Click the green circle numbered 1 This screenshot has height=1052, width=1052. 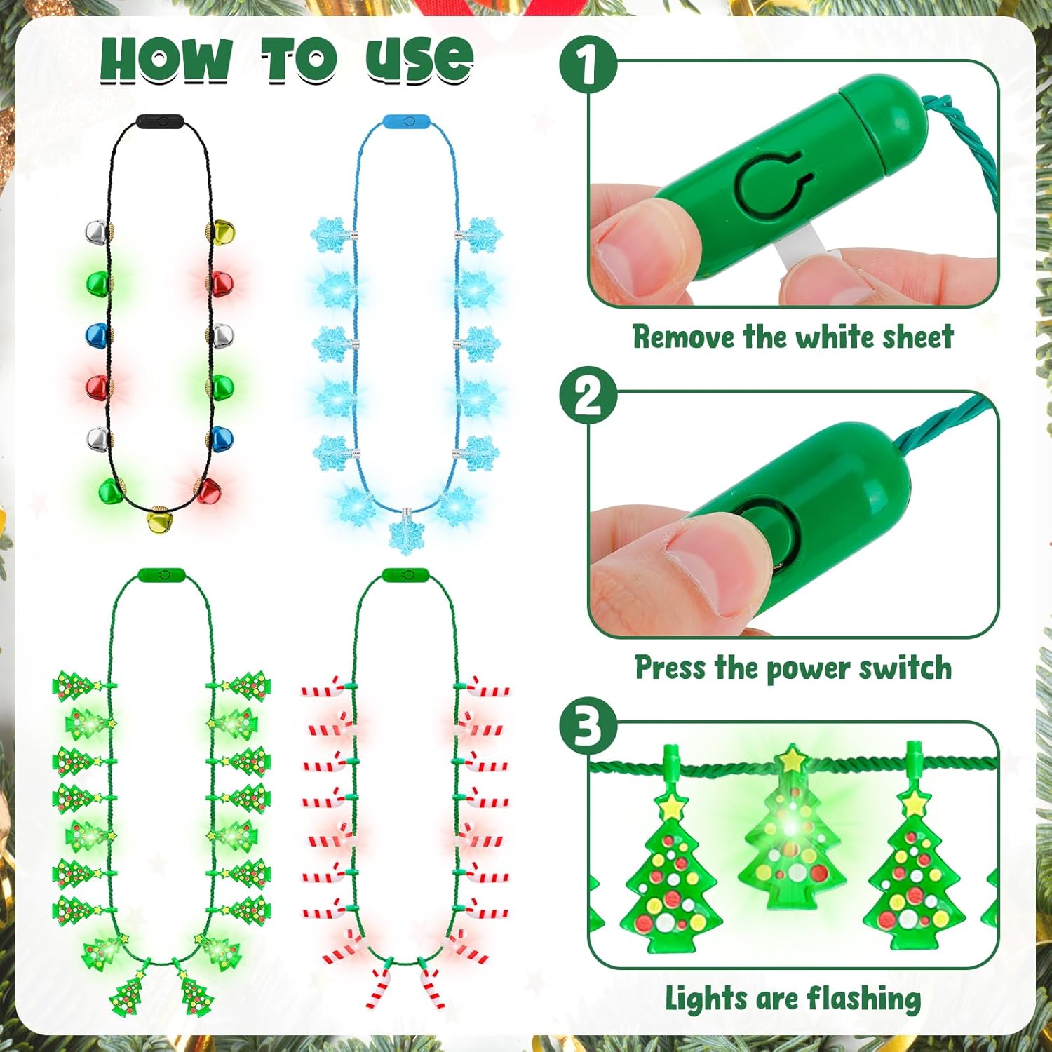588,64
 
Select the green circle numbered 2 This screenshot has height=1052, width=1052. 588,396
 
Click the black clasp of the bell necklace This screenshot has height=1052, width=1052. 160,121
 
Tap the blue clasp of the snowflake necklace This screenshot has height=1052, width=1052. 407,121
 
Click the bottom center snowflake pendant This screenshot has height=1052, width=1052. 407,531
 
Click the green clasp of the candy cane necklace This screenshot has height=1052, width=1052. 405,576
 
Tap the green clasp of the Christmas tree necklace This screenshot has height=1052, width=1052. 161,576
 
